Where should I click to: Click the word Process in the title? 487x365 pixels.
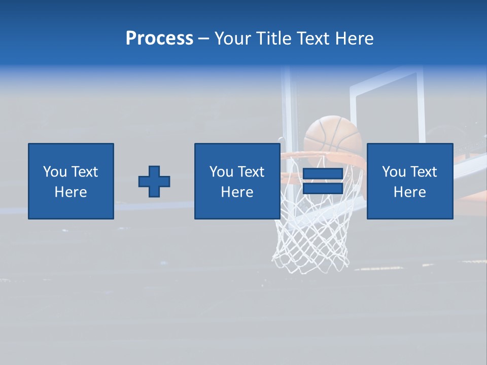tap(159, 38)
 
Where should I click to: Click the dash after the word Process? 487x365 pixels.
tap(203, 39)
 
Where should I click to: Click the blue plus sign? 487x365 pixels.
tap(154, 181)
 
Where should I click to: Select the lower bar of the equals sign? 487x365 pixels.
tap(323, 188)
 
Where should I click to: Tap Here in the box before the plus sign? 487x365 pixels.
tap(71, 192)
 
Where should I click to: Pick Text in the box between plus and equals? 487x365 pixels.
tap(251, 172)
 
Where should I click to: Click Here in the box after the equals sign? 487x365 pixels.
tap(410, 192)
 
